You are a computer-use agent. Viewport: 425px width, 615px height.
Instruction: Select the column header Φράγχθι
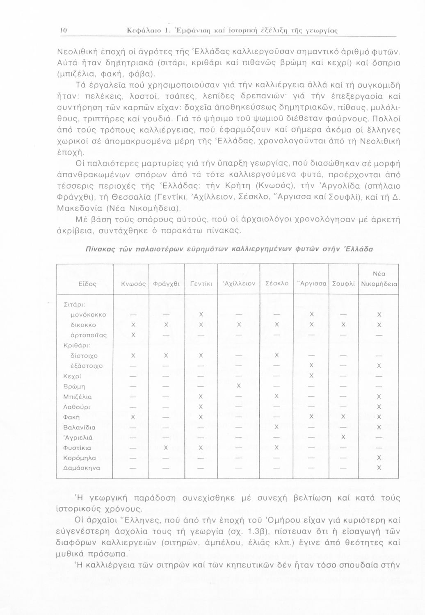166,283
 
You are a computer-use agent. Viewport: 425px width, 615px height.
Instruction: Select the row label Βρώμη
74,386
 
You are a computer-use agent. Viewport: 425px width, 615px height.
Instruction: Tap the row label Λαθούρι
77,407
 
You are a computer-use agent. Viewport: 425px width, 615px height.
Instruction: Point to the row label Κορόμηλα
80,458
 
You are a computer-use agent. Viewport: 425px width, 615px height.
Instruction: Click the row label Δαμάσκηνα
82,468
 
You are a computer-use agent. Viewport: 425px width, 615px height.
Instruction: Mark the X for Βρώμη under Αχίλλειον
238,386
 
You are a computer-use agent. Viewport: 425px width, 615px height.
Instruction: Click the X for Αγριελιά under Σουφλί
343,437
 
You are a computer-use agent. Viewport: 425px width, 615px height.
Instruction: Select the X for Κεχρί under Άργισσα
311,376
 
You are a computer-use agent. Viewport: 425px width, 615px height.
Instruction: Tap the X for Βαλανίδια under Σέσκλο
277,427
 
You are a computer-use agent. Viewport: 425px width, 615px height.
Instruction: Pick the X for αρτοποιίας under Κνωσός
133,335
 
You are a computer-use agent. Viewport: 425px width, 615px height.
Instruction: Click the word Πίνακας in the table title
98,248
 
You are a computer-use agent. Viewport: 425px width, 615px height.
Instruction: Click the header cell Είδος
87,283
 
